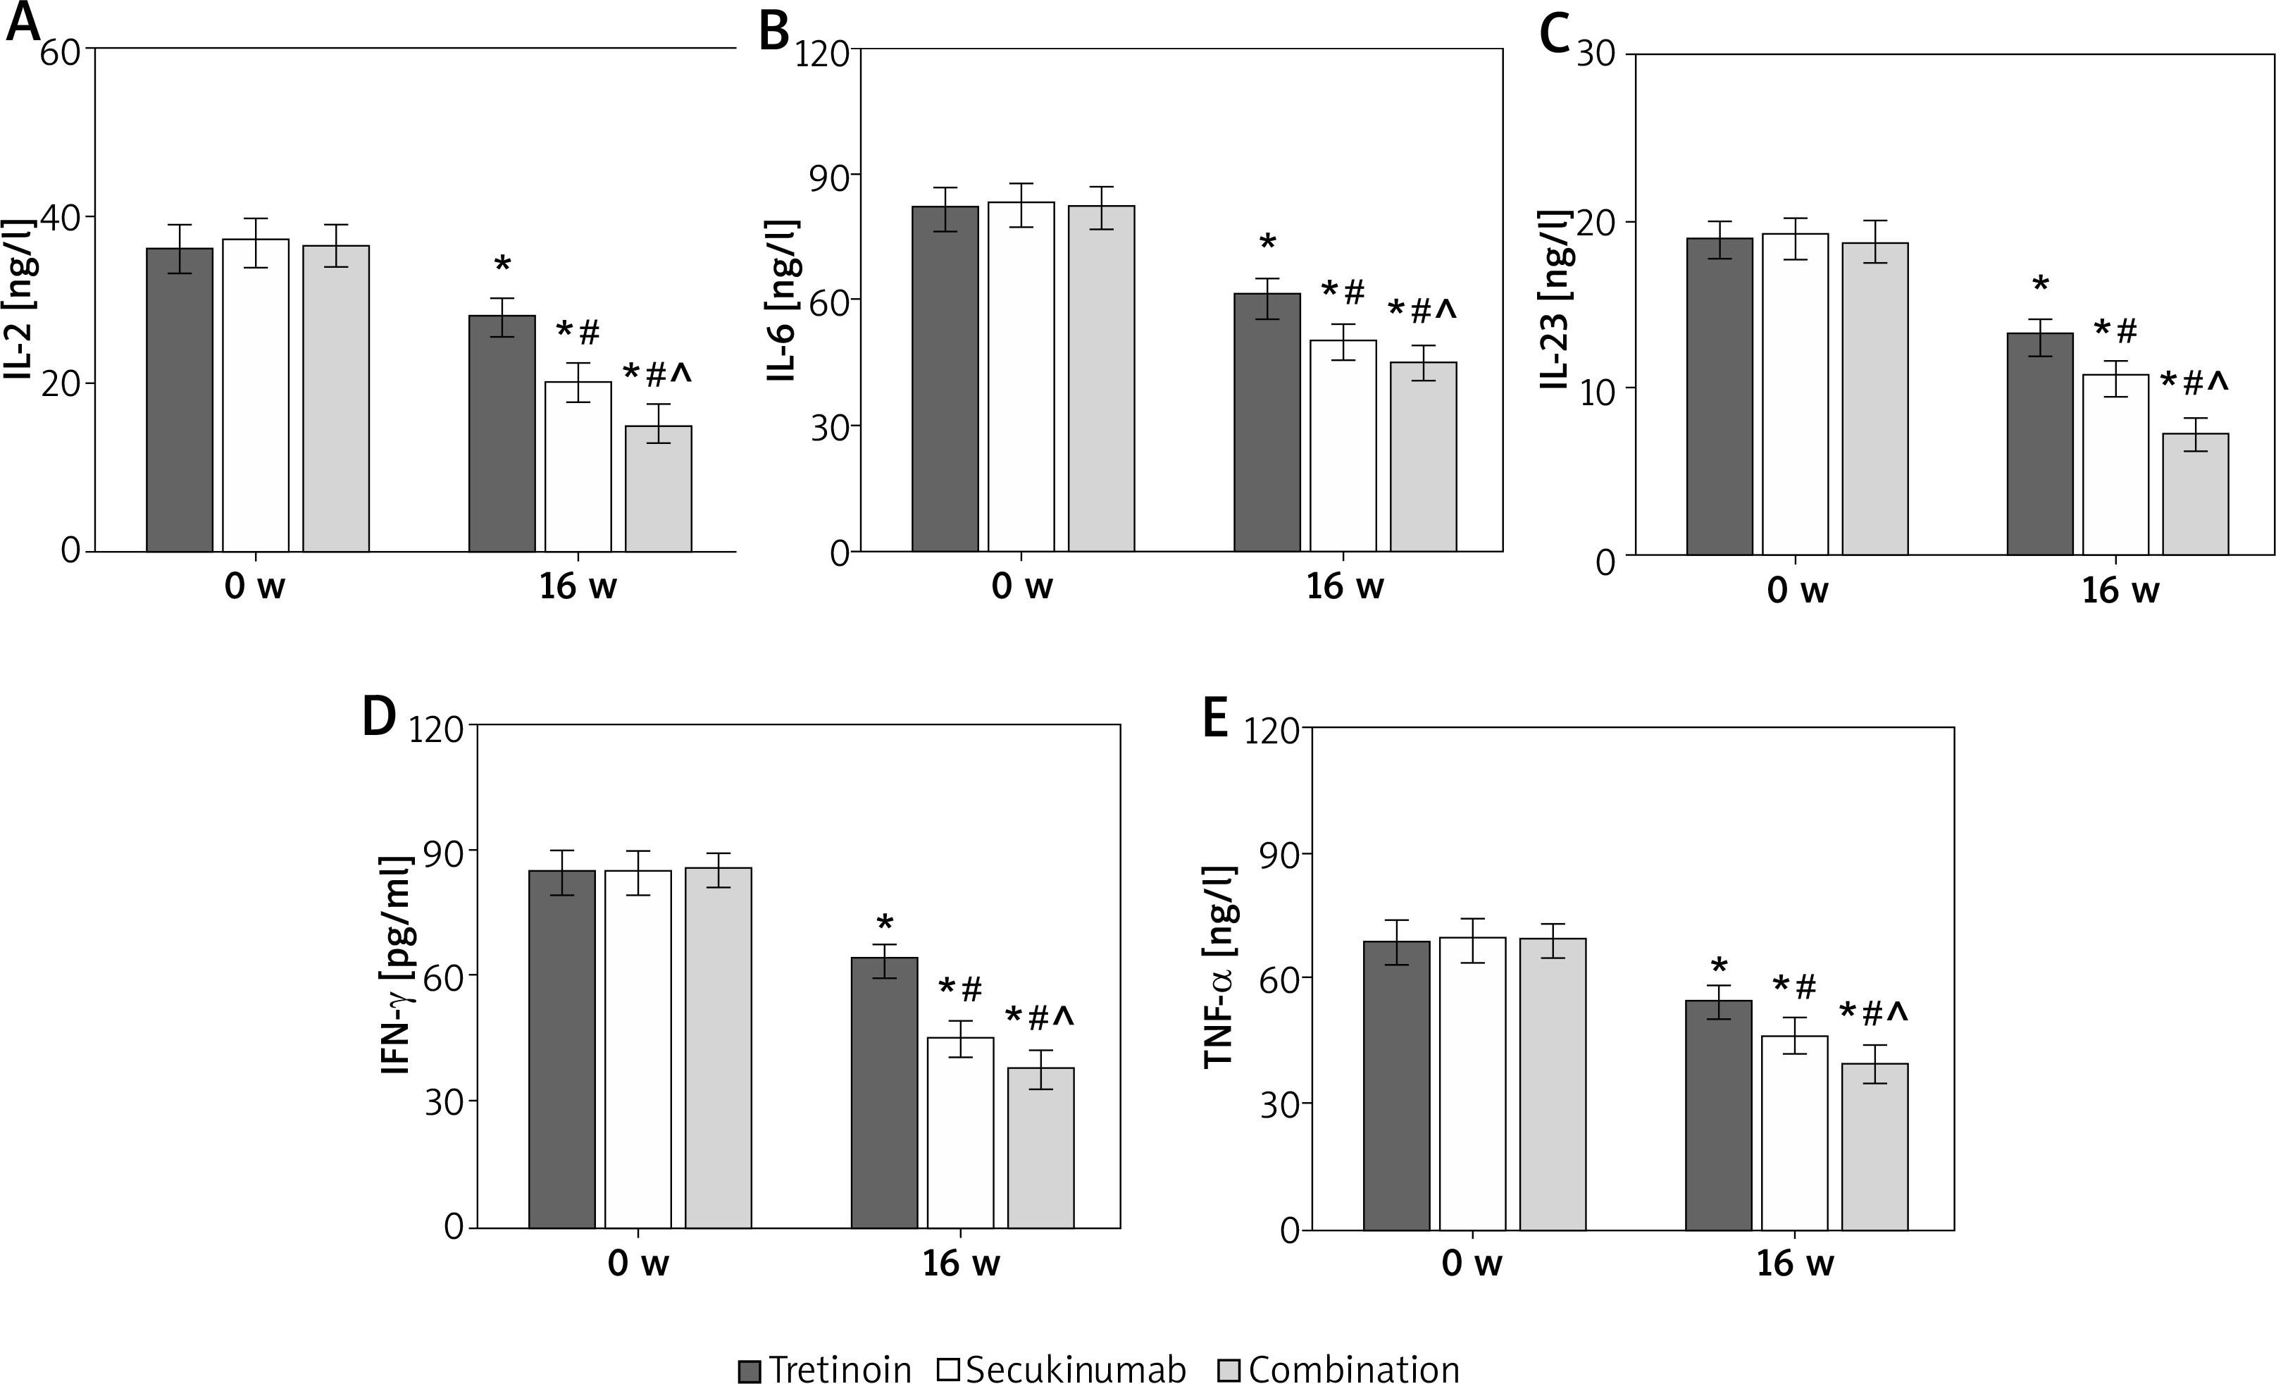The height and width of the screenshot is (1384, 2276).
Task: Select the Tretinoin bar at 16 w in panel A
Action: [x=502, y=433]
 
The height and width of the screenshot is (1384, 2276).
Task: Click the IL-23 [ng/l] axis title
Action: [x=1555, y=300]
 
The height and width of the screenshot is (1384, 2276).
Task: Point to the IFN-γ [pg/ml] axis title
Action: [x=397, y=965]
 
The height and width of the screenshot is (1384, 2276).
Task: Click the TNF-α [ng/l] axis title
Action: [x=1219, y=966]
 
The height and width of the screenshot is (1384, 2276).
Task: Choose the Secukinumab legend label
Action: [x=1075, y=1369]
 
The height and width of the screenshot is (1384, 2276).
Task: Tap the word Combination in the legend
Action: [x=1354, y=1369]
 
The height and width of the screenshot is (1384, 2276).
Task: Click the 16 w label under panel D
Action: [x=961, y=1263]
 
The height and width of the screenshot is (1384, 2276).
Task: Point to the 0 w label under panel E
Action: [x=1472, y=1263]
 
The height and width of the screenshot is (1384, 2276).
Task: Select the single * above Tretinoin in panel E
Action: [x=1719, y=968]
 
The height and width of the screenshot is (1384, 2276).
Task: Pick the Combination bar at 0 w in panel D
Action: [x=718, y=1048]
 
